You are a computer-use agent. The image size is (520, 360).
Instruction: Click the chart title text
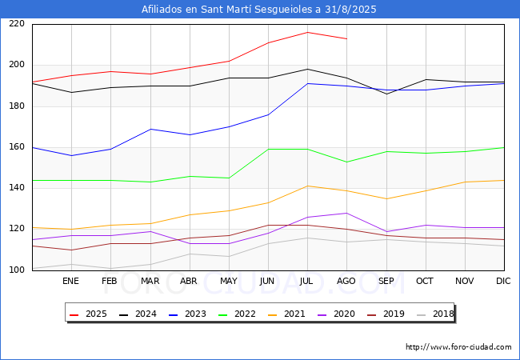tap(259, 10)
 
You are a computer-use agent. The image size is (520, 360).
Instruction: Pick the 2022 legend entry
tap(238, 314)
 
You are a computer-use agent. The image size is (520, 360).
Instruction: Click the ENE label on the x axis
tap(71, 282)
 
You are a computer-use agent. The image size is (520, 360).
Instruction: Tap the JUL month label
tap(307, 282)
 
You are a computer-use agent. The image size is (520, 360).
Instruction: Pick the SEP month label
tap(386, 282)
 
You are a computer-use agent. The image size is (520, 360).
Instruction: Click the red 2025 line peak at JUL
tap(307, 32)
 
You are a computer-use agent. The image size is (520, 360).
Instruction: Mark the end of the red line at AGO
tap(346, 38)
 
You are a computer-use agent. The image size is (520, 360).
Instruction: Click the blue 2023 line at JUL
tap(307, 83)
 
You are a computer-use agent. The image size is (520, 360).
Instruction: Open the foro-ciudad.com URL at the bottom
tap(458, 347)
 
